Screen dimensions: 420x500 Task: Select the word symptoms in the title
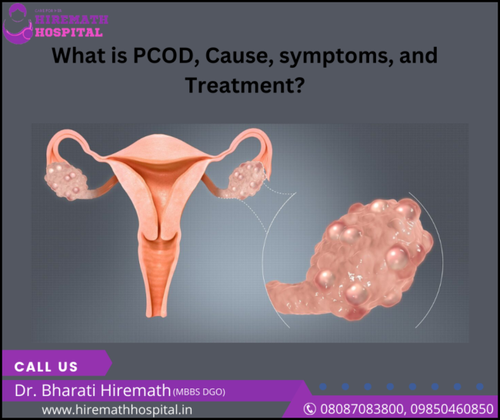click(x=323, y=56)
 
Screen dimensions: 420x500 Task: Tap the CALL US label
click(x=46, y=367)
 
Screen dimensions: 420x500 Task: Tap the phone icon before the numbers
click(x=310, y=408)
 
